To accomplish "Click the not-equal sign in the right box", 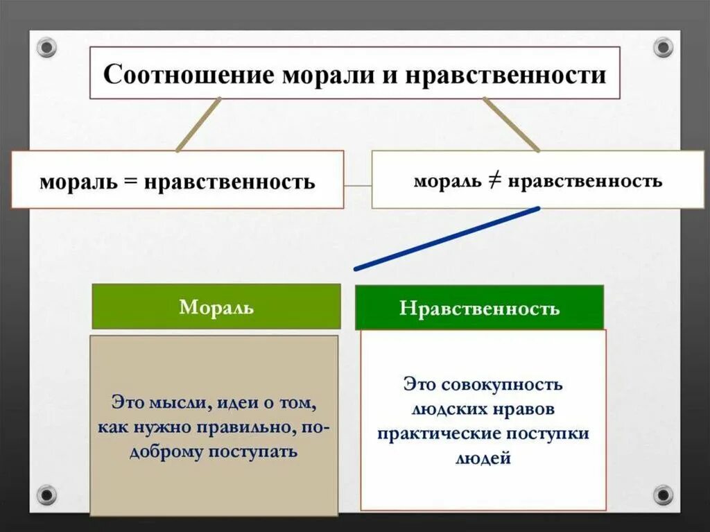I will coord(496,182).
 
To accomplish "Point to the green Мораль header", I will coord(216,307).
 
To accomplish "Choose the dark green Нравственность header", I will coord(479,308).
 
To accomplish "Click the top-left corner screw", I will coord(46,48).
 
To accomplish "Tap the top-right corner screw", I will coord(663,48).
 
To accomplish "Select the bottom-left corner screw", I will coord(46,495).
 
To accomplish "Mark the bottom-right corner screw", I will coord(663,495).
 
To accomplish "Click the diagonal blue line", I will coord(447,238).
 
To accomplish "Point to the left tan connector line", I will coord(198,125).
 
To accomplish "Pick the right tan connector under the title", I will coord(512,125).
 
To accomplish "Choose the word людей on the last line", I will coord(483,458).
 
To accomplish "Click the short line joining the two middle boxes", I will coord(358,186).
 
